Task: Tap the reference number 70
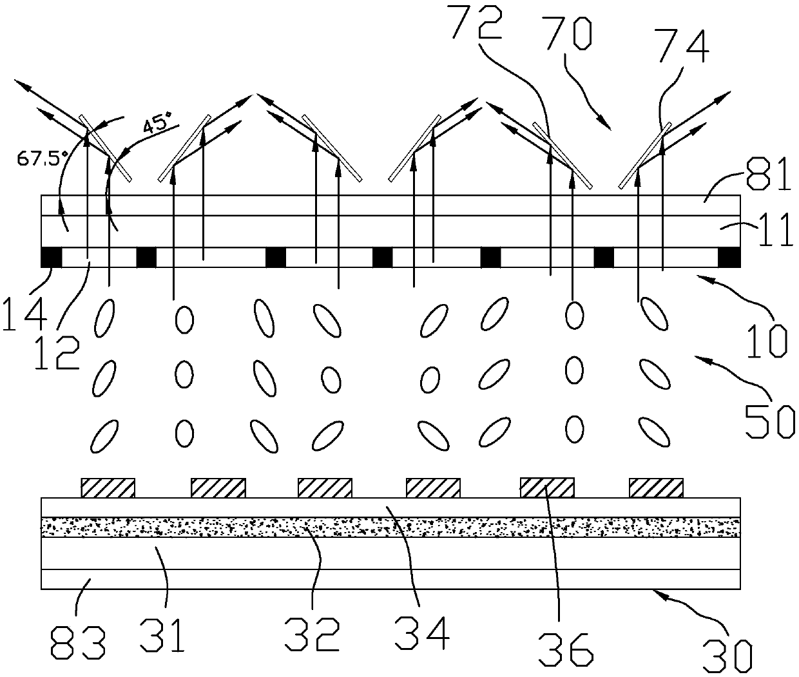click(x=566, y=33)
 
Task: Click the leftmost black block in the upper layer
click(x=51, y=257)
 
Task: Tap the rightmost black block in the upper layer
click(x=729, y=257)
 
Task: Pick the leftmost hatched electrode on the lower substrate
click(x=108, y=488)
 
